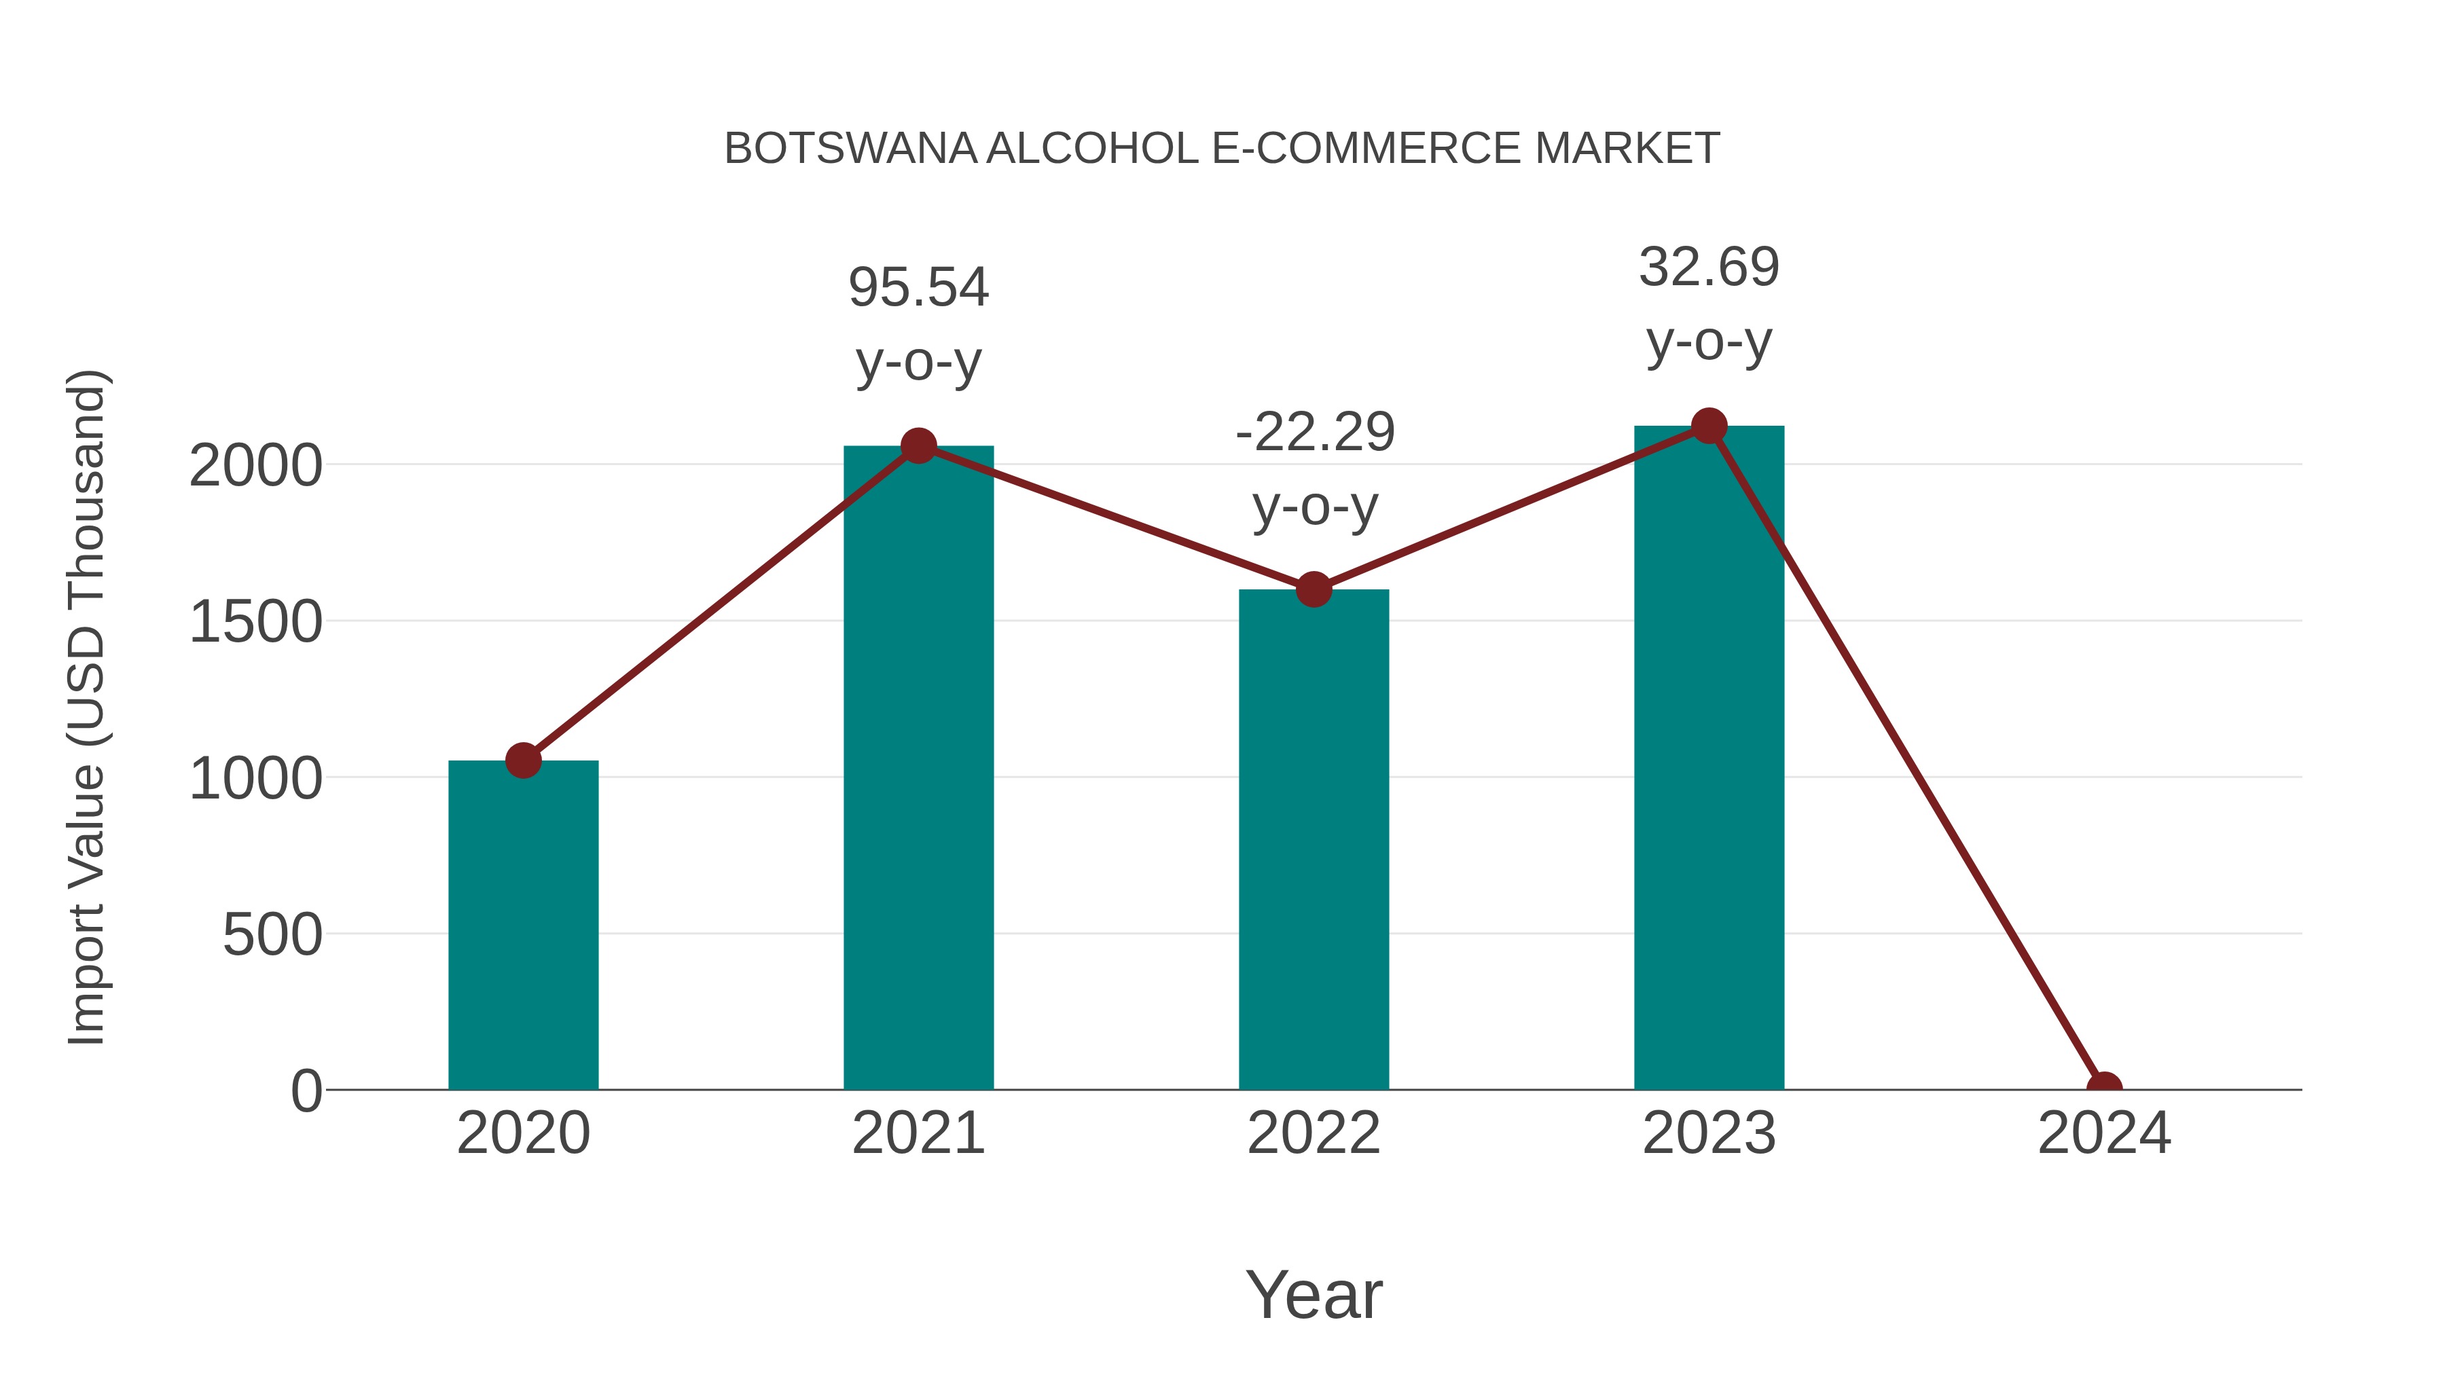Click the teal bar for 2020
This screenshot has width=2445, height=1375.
tap(523, 925)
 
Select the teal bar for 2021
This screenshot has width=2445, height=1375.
tap(918, 769)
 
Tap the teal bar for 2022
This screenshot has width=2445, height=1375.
tap(1314, 840)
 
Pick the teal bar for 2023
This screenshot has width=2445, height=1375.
tap(1709, 759)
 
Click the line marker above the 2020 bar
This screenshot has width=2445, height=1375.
tap(523, 760)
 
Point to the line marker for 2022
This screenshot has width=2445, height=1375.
tap(1314, 589)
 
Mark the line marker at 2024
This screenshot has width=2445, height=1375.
tap(2104, 1088)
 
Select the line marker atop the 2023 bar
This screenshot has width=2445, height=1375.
tap(1709, 426)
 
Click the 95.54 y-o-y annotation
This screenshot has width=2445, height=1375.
tap(918, 324)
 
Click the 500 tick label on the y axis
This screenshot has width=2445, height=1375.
tap(272, 935)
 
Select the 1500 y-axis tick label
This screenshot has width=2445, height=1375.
tap(255, 623)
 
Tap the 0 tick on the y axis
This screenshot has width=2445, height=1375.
tap(306, 1091)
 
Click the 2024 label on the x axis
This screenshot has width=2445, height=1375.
tap(2104, 1133)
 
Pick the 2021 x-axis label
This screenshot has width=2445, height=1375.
tap(918, 1133)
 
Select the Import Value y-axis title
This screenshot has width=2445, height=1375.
tap(88, 707)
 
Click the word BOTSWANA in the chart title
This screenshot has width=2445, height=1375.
tap(850, 149)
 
